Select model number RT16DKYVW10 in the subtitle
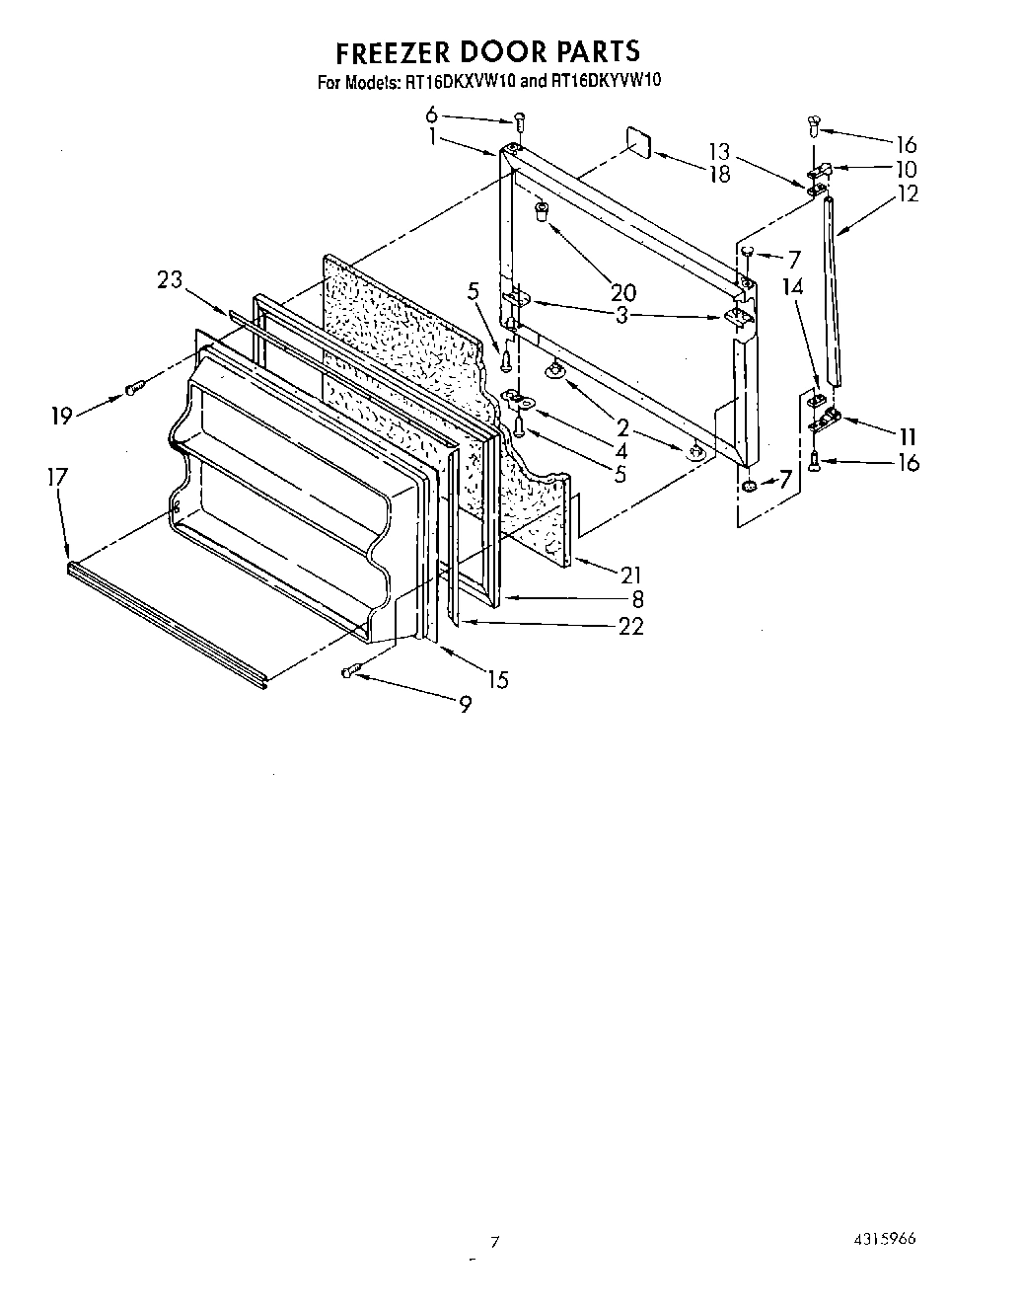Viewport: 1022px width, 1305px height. [x=604, y=82]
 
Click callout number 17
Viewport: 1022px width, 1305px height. [x=57, y=477]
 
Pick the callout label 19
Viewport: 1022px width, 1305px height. [x=62, y=416]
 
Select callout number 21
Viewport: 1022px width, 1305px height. [x=631, y=575]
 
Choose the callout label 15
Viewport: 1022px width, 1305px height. [x=498, y=679]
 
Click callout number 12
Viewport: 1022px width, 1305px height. [x=906, y=194]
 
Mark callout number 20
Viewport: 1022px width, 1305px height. [x=623, y=292]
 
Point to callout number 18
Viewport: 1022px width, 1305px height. [x=719, y=174]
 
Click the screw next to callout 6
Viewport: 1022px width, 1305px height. [x=518, y=121]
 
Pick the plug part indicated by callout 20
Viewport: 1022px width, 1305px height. [x=542, y=209]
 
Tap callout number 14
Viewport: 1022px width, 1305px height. [x=792, y=289]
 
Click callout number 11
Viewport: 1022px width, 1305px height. [x=907, y=435]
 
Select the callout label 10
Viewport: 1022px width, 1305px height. [x=906, y=169]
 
